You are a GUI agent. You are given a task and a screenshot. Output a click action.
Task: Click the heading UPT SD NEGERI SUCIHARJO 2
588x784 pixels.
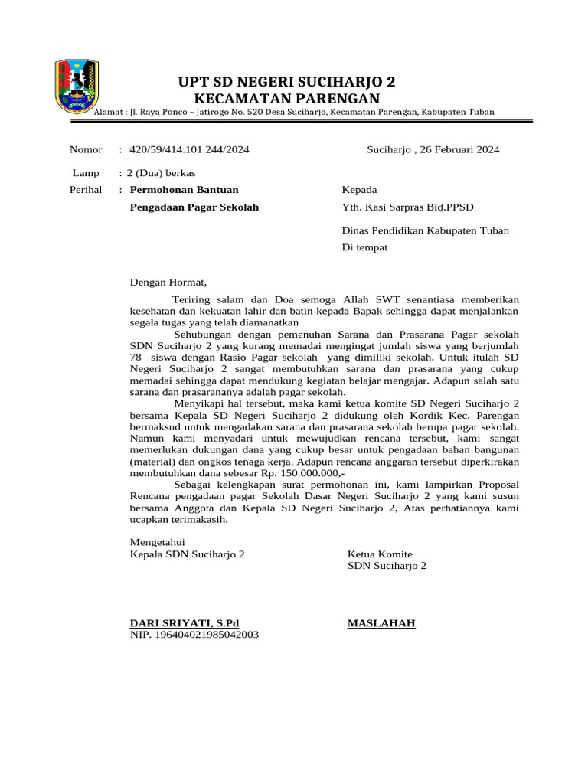click(x=287, y=82)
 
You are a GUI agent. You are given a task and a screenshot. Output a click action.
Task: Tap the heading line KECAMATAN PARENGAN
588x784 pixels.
click(x=287, y=98)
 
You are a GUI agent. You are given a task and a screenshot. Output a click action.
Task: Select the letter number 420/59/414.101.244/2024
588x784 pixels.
click(x=189, y=149)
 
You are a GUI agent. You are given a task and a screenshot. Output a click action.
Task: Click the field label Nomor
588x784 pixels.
click(x=86, y=149)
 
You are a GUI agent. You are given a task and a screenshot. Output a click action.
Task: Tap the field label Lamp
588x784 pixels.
click(x=85, y=174)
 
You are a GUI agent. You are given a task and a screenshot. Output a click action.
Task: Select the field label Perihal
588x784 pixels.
click(x=86, y=189)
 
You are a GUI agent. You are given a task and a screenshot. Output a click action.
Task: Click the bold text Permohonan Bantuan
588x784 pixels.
click(x=184, y=189)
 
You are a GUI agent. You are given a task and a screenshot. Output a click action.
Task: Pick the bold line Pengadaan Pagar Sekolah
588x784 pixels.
click(x=194, y=207)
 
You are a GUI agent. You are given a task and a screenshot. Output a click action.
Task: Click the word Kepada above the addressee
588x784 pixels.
click(x=359, y=190)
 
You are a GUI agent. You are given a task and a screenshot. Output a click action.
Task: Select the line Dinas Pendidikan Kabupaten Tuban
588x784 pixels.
click(x=425, y=230)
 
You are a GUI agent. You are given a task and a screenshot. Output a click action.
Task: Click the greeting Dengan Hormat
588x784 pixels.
click(x=168, y=282)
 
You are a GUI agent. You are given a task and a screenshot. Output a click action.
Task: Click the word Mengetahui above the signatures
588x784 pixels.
click(x=158, y=542)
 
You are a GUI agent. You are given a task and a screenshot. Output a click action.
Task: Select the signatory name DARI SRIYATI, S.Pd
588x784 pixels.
click(x=185, y=623)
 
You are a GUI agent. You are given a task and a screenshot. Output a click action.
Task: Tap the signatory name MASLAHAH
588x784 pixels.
click(x=381, y=623)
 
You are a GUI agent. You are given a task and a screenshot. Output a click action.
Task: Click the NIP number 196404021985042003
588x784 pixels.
click(x=194, y=635)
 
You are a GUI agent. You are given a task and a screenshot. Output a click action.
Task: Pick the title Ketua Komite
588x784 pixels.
click(x=380, y=554)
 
